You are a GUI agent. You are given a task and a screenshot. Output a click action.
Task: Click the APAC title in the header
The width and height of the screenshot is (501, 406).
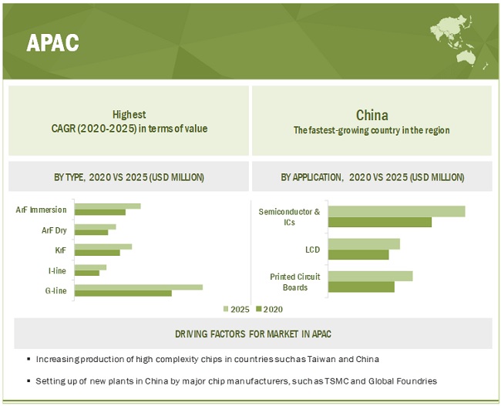click(52, 42)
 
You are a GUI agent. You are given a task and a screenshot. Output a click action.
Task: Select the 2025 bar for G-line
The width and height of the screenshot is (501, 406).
click(139, 287)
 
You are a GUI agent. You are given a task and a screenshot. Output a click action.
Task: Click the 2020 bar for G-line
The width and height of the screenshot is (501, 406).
click(123, 294)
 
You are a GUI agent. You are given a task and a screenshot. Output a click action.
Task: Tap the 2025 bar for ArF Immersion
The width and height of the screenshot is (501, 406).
click(108, 206)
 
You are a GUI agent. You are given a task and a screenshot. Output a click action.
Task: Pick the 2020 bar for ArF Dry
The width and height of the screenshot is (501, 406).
click(92, 232)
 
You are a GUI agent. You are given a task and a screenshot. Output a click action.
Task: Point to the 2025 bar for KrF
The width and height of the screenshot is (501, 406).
click(103, 247)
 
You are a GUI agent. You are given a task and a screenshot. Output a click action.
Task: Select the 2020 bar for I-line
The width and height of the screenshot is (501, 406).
click(87, 273)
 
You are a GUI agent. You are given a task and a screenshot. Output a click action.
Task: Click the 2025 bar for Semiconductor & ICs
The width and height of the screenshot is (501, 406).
click(396, 211)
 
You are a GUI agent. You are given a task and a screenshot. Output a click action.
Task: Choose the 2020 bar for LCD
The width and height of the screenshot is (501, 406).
click(358, 254)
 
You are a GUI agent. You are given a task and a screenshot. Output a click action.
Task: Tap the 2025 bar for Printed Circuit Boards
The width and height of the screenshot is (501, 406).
click(370, 277)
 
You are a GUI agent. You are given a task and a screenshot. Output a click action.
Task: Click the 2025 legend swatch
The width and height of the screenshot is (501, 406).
click(226, 309)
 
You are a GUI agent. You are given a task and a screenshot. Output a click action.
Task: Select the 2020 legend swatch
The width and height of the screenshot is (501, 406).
click(259, 309)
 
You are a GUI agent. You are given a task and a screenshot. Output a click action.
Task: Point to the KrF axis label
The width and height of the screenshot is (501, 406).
click(61, 250)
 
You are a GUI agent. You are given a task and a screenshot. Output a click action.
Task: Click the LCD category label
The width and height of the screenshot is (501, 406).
click(312, 250)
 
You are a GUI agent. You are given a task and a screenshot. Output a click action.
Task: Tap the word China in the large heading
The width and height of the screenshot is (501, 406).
click(372, 115)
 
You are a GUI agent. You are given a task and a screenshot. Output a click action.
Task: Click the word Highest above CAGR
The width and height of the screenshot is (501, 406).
click(129, 114)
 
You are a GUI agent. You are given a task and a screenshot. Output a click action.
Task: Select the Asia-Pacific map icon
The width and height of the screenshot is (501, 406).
click(459, 41)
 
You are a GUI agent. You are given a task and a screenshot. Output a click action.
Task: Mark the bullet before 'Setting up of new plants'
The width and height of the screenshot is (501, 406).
click(29, 381)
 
